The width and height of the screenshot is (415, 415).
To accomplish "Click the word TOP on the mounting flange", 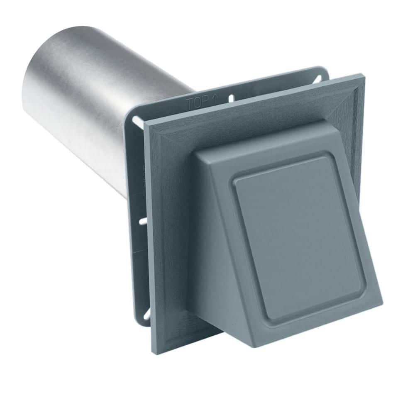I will (195, 103).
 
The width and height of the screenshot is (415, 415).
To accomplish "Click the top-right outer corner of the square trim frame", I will (363, 76).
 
